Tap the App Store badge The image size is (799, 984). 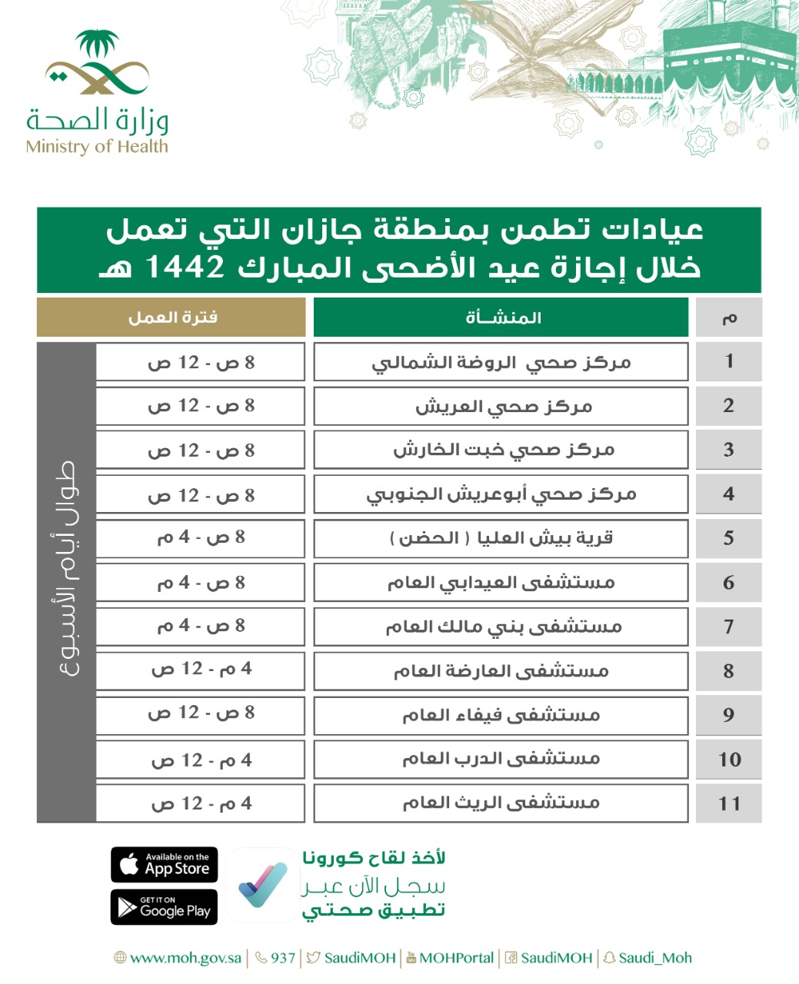(x=165, y=864)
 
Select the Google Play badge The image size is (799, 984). (x=165, y=907)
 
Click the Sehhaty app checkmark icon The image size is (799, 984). (x=261, y=885)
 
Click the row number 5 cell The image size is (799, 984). (x=728, y=538)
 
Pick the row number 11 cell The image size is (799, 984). (x=728, y=803)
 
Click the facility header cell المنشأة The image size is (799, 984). (x=501, y=317)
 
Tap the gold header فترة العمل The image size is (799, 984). (x=171, y=317)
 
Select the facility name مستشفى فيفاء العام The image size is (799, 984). (x=501, y=716)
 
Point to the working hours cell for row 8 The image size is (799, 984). (x=201, y=670)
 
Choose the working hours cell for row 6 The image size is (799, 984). (x=201, y=583)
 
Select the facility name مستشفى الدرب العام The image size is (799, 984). (x=501, y=760)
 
